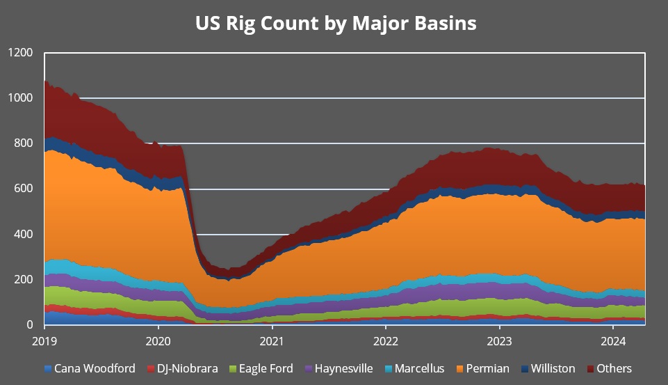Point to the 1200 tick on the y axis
point(21,53)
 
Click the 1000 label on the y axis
point(21,98)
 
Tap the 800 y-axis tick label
point(24,143)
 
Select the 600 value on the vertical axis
point(24,189)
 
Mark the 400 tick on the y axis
point(24,234)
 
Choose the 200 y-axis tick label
point(24,279)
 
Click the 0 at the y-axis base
point(30,324)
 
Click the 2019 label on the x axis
point(44,341)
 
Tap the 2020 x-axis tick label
point(158,341)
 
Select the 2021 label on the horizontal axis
point(272,341)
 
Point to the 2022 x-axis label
point(386,341)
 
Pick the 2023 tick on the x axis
point(500,341)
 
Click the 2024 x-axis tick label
point(613,341)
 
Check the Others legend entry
point(610,368)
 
